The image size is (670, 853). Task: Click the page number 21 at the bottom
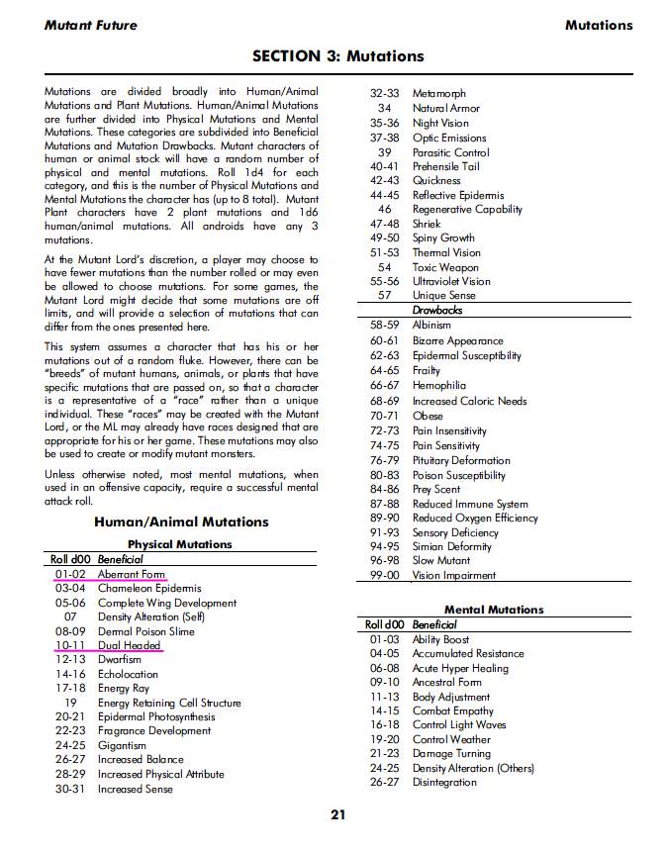338,815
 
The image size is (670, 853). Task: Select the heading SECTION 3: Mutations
337,56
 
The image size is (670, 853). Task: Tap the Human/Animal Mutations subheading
181,521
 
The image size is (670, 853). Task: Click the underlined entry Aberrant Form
131,574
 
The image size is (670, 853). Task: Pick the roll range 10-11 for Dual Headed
71,645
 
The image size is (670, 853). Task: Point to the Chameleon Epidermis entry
148,588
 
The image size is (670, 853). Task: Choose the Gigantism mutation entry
122,745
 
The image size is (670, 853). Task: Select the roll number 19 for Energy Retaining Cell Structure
71,703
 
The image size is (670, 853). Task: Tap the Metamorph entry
438,93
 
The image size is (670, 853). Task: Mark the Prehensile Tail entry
445,166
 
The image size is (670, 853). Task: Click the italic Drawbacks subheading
436,310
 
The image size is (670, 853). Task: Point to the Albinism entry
431,325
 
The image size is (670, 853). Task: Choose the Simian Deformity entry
451,546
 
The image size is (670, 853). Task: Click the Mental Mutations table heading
494,610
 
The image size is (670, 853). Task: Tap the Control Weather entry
451,739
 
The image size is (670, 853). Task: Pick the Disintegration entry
444,782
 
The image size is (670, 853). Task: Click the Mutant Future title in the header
91,25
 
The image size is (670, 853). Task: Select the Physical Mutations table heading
179,544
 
